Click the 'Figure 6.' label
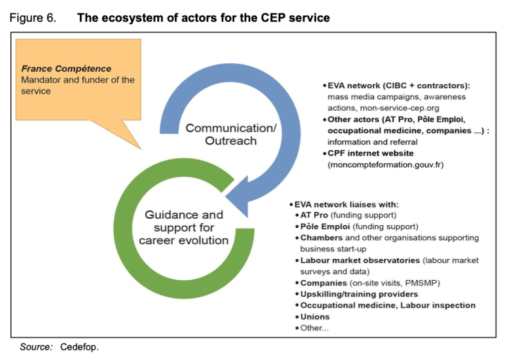tap(32, 18)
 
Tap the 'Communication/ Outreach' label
tap(221, 134)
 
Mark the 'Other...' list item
tap(314, 328)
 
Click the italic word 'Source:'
tap(36, 346)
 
